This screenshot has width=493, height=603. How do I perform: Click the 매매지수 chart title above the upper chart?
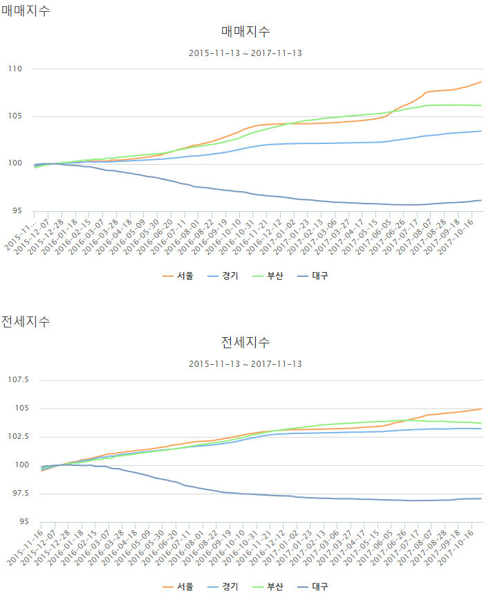coord(245,31)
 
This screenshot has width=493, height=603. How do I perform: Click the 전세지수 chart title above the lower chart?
coord(245,342)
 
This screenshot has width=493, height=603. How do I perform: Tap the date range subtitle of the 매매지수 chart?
coord(245,53)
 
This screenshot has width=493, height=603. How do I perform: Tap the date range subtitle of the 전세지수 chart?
coord(245,363)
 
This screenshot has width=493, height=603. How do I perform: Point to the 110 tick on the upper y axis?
coord(15,69)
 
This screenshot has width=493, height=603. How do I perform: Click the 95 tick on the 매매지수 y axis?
coord(17,211)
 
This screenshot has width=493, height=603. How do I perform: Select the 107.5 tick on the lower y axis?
coord(18,380)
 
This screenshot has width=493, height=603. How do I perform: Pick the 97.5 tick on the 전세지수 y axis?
coord(19,494)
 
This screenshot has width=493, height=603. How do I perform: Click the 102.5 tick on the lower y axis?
coord(18,437)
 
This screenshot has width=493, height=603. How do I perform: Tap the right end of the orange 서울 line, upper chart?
coord(481,82)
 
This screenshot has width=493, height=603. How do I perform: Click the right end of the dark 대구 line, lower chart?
coord(481,498)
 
